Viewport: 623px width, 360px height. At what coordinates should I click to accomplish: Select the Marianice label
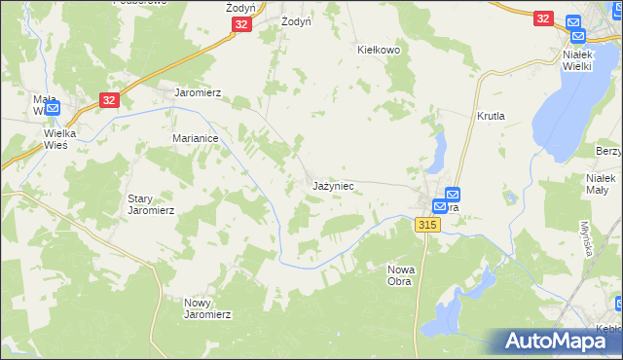[x=195, y=138]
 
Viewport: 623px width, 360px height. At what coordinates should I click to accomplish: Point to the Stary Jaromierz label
[x=151, y=203]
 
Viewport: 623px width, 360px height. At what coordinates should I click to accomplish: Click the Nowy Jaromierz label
[x=207, y=307]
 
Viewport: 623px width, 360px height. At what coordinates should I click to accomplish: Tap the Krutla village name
[x=491, y=115]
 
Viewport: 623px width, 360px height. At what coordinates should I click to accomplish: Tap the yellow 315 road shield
[x=427, y=225]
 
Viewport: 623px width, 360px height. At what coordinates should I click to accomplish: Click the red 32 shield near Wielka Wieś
[x=110, y=99]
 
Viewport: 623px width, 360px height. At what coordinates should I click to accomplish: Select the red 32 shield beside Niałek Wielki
[x=543, y=18]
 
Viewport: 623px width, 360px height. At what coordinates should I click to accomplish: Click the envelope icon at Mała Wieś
[x=54, y=107]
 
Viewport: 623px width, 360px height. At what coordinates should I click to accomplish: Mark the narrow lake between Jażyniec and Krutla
[x=438, y=151]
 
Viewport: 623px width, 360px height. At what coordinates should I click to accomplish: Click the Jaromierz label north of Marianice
[x=198, y=93]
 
